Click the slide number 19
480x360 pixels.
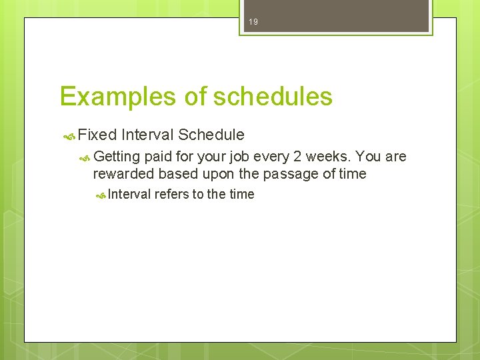tap(253, 22)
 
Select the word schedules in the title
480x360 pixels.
tap(273, 97)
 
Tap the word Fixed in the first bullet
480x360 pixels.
tap(97, 135)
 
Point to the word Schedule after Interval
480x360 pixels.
tap(211, 135)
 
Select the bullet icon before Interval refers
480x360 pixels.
tap(100, 195)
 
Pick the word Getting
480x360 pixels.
tap(117, 157)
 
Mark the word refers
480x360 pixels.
tap(171, 195)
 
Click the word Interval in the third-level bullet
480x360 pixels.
tap(129, 195)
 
